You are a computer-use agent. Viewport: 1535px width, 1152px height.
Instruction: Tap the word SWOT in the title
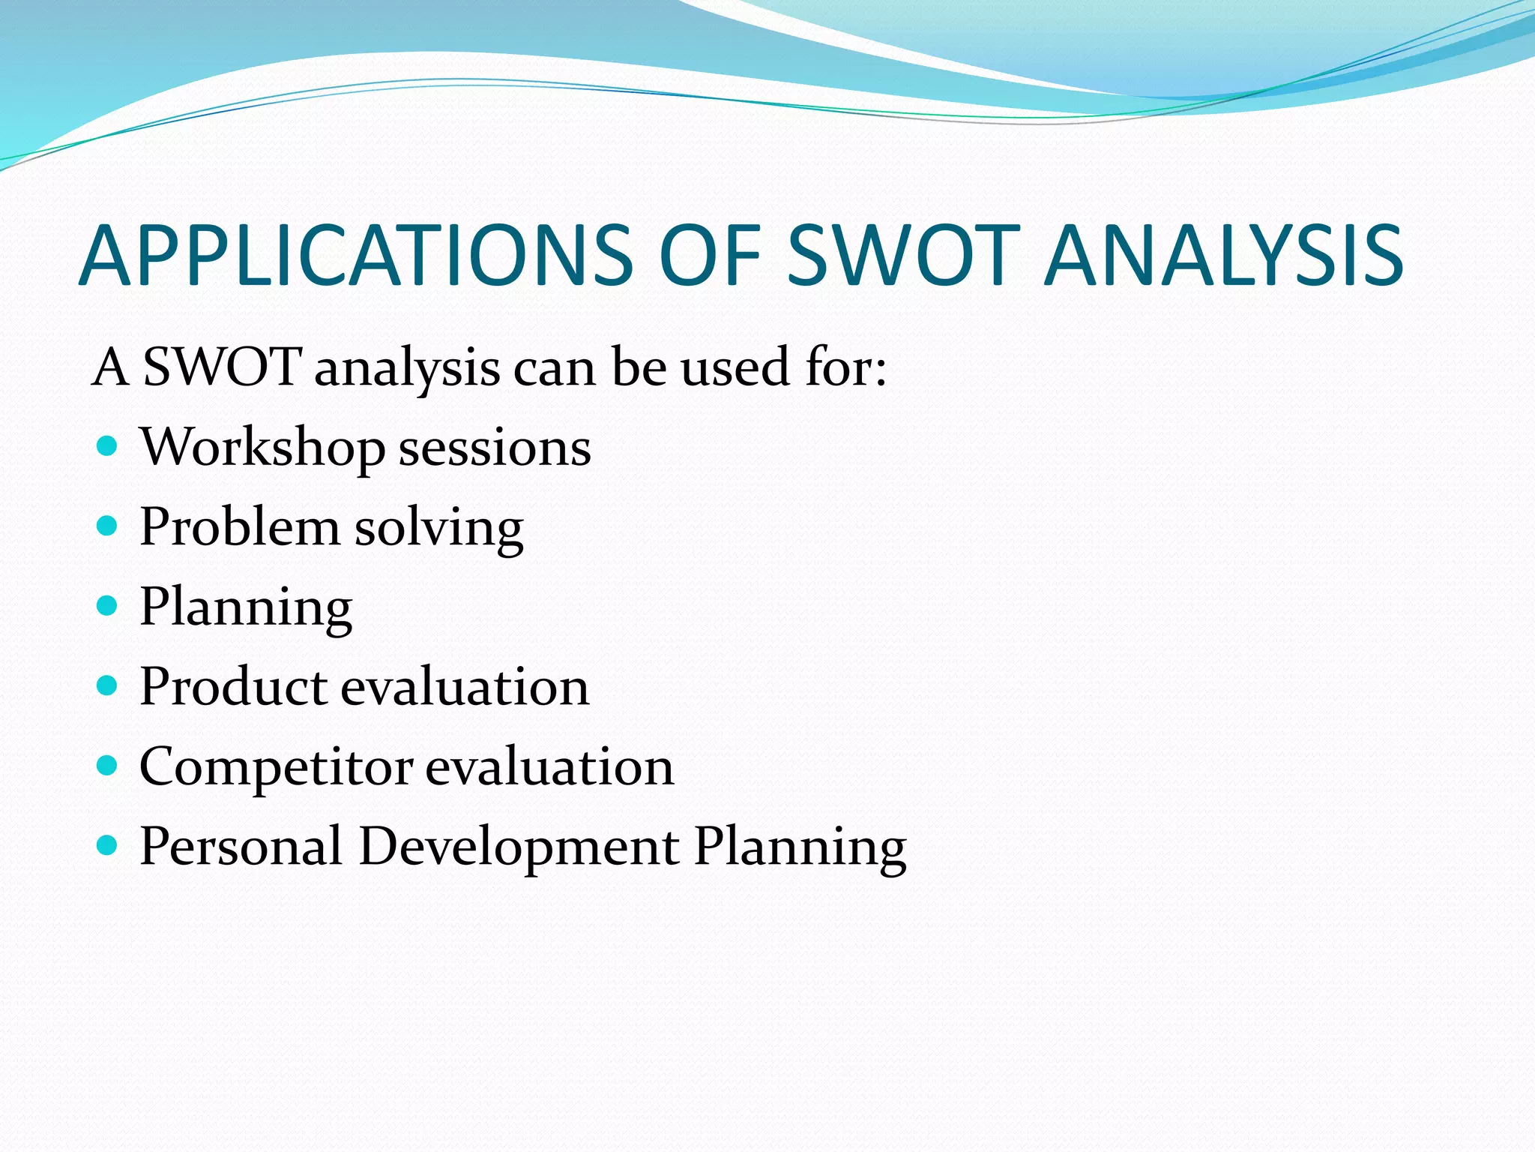tap(902, 256)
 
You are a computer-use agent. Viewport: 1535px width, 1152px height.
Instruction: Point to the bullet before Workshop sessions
tap(108, 447)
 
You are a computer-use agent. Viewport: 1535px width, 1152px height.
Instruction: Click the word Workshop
tap(262, 448)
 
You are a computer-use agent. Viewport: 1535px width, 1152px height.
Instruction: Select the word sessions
tap(495, 450)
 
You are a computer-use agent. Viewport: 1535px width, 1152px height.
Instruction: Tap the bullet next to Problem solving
tap(108, 526)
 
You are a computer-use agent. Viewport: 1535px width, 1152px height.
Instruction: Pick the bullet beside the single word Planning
tap(108, 606)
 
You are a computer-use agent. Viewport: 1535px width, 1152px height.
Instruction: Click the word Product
tap(234, 687)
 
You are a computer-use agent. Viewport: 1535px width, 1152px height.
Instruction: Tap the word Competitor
tap(276, 768)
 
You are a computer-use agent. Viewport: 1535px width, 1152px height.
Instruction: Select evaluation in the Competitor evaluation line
tap(550, 768)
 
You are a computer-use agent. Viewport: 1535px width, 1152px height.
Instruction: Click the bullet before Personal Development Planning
tap(108, 846)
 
